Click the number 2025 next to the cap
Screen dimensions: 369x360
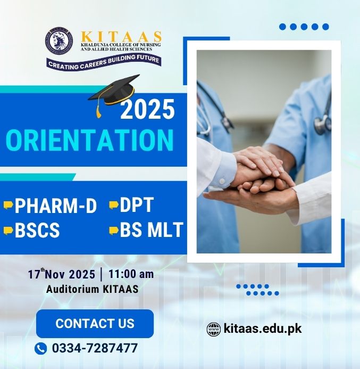pos(147,110)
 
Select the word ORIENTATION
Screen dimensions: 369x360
pos(90,140)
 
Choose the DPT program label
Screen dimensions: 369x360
pos(137,205)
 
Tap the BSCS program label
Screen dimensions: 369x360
pos(37,231)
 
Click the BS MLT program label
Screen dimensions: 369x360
pos(152,230)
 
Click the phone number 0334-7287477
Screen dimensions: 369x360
pos(95,348)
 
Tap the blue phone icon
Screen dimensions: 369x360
pos(41,349)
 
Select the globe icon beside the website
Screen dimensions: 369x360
pos(213,329)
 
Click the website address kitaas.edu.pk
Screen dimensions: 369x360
pos(263,329)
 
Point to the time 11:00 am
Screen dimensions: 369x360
pos(131,275)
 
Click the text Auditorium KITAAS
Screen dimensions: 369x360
pos(93,290)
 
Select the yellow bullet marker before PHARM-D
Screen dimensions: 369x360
pos(8,205)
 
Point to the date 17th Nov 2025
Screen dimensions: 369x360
pos(61,275)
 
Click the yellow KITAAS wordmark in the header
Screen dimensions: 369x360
pos(121,36)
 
